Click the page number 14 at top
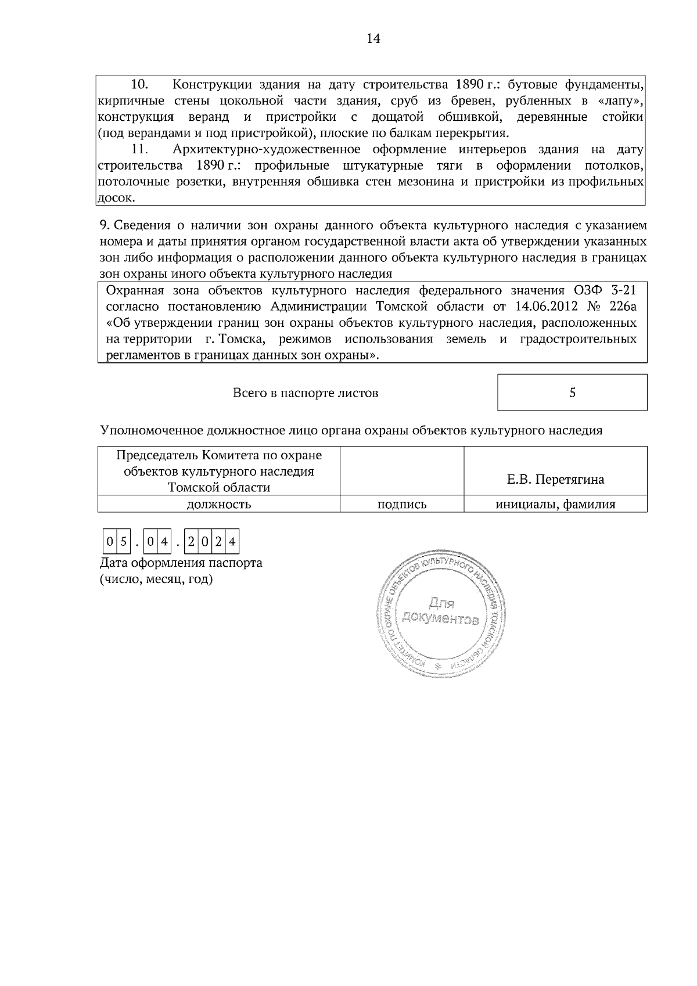[x=373, y=39]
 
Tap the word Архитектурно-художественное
[x=267, y=150]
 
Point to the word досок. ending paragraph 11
[x=116, y=198]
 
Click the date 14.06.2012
[x=541, y=306]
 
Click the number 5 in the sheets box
[x=572, y=393]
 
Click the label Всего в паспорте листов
[x=306, y=393]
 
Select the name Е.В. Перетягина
[x=555, y=480]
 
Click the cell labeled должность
[x=218, y=505]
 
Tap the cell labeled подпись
[x=402, y=505]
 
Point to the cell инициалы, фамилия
[x=555, y=505]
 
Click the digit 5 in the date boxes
[x=123, y=542]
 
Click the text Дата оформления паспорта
[x=181, y=563]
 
